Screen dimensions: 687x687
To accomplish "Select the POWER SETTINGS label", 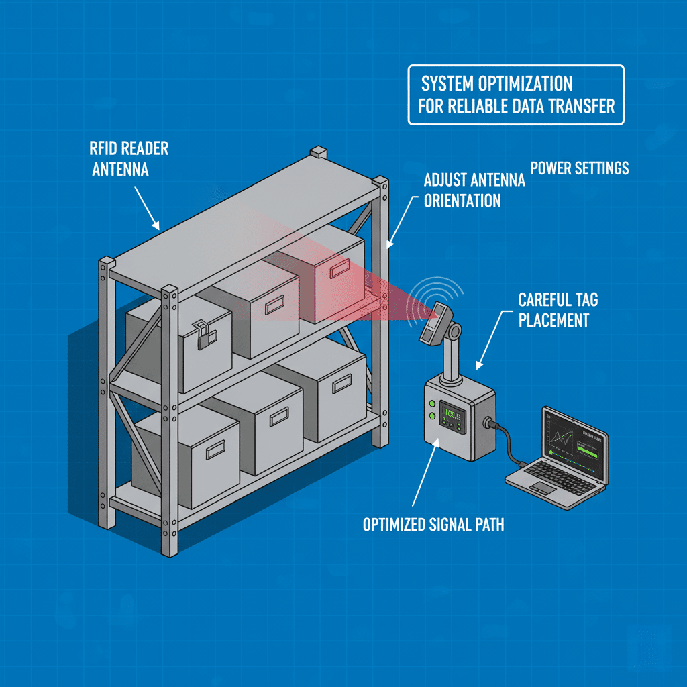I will (580, 167).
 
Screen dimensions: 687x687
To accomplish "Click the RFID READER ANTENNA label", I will (128, 159).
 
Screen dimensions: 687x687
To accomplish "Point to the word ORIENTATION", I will (462, 200).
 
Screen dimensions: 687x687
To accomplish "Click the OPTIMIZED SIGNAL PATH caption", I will (433, 524).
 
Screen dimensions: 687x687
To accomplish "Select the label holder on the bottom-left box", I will (216, 452).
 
